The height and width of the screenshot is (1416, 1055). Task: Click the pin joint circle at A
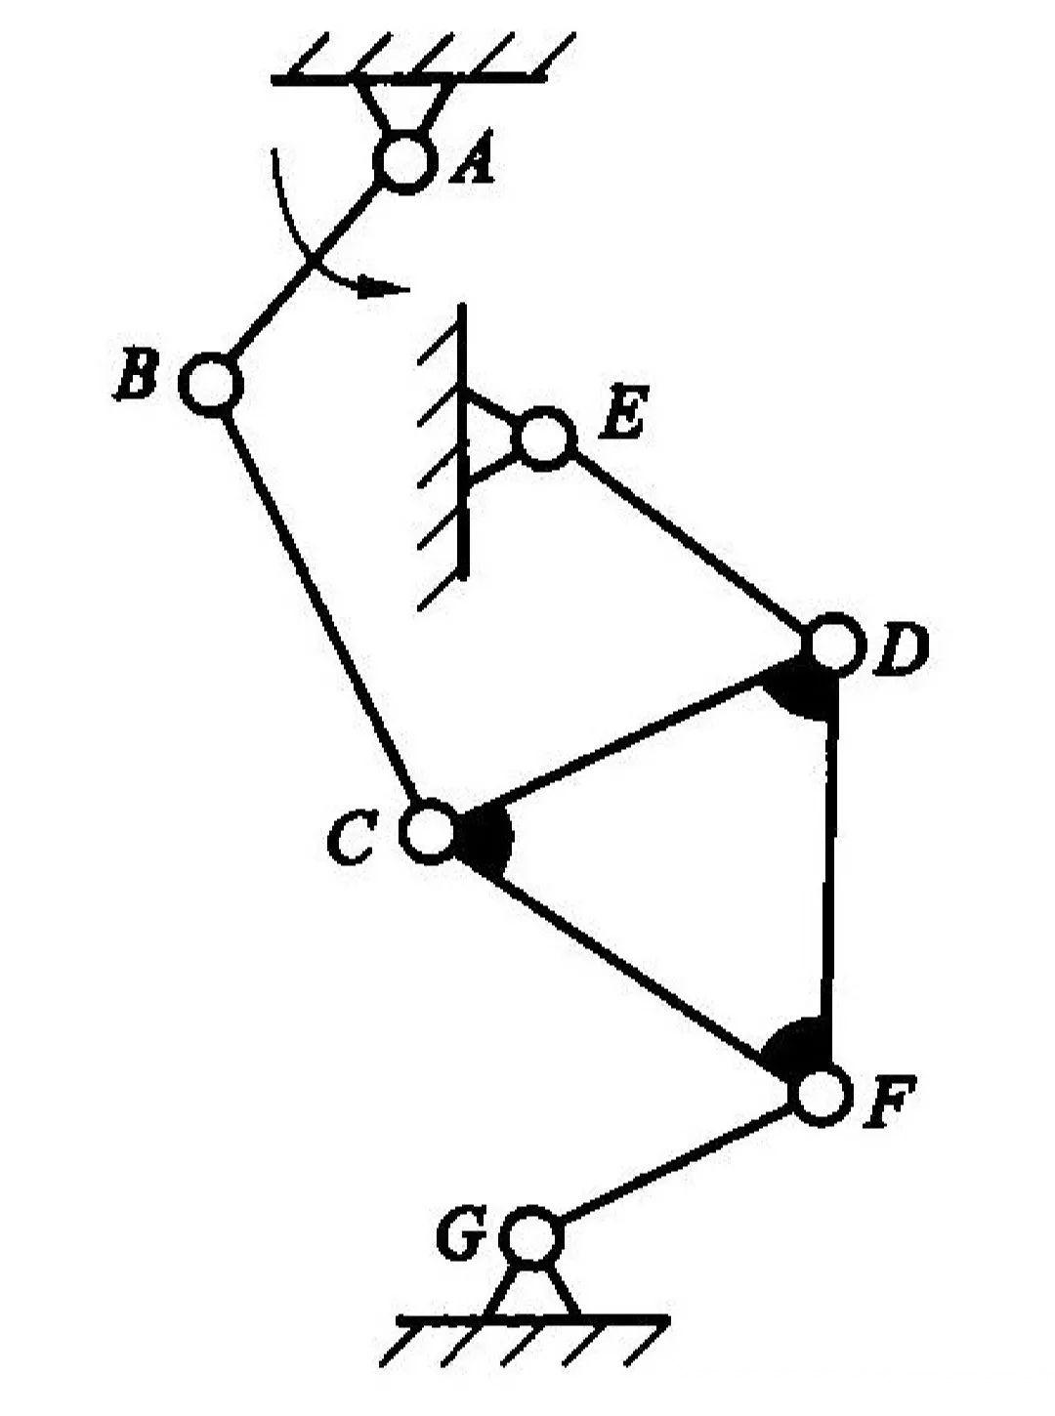tap(403, 161)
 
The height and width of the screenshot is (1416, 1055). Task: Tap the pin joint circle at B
tap(210, 384)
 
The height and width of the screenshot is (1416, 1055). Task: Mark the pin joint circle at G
tap(531, 1236)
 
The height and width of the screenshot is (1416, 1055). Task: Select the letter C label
tap(351, 840)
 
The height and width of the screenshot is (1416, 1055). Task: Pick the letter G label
tap(461, 1236)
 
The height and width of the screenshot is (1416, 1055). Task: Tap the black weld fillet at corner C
tap(485, 838)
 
